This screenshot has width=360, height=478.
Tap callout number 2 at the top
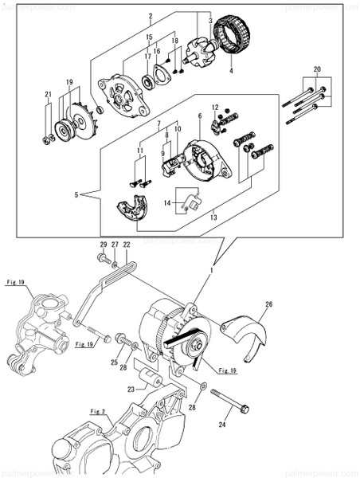pyautogui.click(x=149, y=15)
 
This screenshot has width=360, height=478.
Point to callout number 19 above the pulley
pyautogui.click(x=69, y=82)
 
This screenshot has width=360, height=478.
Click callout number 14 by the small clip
pyautogui.click(x=168, y=204)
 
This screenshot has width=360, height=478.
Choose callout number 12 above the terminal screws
pyautogui.click(x=214, y=107)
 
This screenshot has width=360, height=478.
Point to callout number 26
pyautogui.click(x=268, y=304)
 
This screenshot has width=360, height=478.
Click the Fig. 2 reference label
pyautogui.click(x=98, y=411)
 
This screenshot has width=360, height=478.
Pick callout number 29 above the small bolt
pyautogui.click(x=103, y=244)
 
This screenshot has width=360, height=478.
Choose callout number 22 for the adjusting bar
pyautogui.click(x=126, y=244)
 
